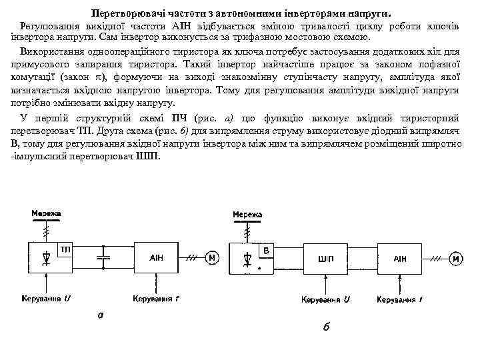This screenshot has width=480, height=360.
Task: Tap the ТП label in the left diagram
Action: point(66,249)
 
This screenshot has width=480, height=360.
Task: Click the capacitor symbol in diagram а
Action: point(105,257)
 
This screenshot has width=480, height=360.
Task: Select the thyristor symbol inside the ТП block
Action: point(45,256)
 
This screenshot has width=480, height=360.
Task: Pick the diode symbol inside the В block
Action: point(247,257)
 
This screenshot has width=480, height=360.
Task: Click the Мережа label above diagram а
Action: point(46,213)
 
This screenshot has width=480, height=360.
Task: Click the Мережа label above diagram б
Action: point(247,214)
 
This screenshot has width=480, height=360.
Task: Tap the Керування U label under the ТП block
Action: point(46,298)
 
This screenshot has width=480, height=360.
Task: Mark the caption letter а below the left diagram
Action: point(100,315)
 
